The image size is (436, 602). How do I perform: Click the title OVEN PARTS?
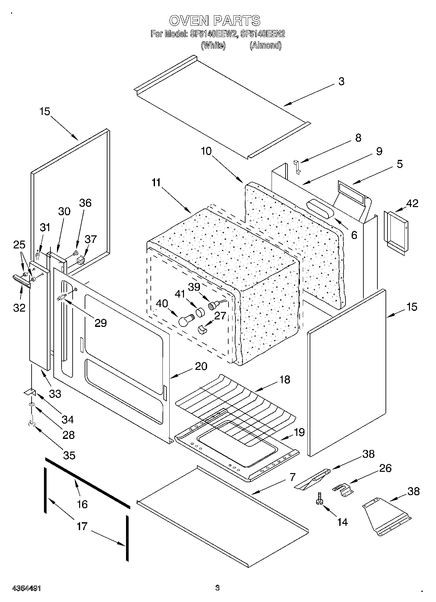(215, 21)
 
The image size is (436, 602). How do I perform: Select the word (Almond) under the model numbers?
(265, 45)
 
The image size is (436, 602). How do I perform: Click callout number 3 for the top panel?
(341, 81)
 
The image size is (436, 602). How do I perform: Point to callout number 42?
(412, 203)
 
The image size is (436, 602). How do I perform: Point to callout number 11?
(156, 183)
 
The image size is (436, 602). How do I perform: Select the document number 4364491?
(26, 588)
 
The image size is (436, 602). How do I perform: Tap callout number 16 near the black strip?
(82, 504)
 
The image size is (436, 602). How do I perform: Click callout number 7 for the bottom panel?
(292, 478)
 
